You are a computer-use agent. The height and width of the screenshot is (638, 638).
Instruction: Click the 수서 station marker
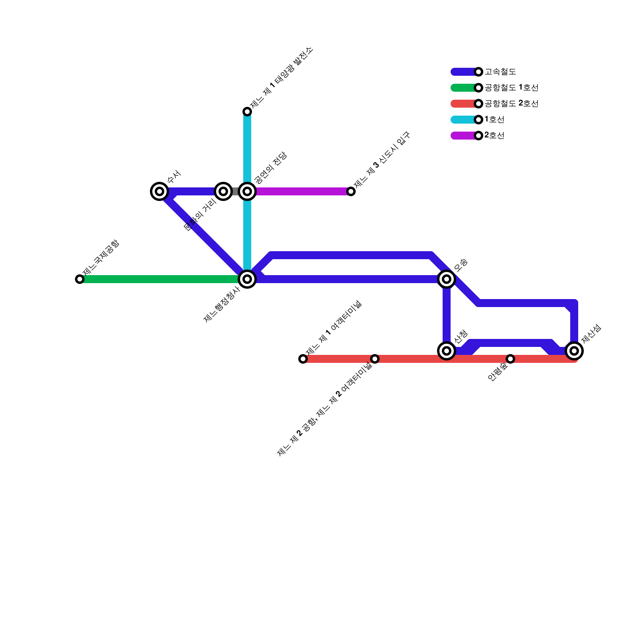[x=159, y=191]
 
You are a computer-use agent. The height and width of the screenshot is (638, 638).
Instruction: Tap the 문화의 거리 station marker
[x=223, y=191]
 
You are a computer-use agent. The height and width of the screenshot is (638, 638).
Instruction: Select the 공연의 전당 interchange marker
[x=247, y=191]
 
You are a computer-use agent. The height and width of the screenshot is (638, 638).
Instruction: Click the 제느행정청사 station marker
[x=247, y=279]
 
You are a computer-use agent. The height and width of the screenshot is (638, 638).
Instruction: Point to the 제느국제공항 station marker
[x=80, y=279]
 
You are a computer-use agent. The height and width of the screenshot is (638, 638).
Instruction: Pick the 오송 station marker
[x=447, y=279]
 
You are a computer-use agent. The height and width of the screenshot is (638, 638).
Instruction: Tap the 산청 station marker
[x=447, y=351]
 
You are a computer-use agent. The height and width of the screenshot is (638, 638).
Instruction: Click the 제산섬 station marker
[x=574, y=351]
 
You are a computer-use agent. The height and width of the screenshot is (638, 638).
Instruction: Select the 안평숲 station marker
[x=510, y=359]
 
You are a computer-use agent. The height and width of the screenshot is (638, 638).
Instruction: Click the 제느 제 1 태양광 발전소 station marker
[x=247, y=112]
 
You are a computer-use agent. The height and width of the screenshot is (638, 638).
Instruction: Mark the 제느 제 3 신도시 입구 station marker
[x=351, y=191]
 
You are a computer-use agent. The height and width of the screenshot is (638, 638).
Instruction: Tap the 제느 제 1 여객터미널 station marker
[x=303, y=359]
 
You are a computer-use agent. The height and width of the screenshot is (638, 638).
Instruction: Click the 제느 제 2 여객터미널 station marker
[x=375, y=359]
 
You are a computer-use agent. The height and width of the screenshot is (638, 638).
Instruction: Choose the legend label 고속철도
[x=500, y=72]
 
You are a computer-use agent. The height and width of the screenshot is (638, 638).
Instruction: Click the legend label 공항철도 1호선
[x=511, y=88]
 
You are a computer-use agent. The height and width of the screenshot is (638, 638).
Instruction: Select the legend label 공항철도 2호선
[x=511, y=104]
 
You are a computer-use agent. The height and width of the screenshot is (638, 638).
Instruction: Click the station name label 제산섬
[x=591, y=334]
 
